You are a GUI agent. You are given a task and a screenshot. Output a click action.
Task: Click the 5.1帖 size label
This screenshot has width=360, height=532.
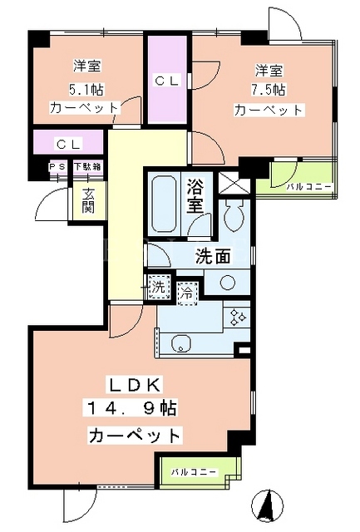[86, 90]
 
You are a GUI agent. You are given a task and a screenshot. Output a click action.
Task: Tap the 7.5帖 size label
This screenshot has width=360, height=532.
[269, 90]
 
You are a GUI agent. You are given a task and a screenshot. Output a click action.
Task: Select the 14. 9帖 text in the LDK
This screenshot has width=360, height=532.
[132, 409]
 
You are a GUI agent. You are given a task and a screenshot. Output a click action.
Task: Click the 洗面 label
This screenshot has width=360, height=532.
[213, 257]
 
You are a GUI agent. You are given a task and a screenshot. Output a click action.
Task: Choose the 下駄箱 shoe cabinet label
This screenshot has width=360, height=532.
[88, 167]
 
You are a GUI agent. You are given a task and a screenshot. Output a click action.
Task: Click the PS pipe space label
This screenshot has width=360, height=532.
[57, 167]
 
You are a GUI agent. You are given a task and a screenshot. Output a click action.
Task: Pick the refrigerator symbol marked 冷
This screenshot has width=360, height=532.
[186, 293]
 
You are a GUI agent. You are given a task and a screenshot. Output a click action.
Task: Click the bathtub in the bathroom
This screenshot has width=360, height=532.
[164, 204]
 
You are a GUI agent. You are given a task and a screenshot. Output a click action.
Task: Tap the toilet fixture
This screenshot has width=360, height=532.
[234, 215]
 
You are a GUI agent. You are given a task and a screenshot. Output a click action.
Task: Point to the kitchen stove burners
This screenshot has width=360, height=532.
[237, 318]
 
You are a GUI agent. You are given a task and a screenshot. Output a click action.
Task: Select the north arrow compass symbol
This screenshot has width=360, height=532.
[269, 505]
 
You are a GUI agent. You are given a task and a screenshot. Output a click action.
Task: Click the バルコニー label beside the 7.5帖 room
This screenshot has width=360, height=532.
[309, 186]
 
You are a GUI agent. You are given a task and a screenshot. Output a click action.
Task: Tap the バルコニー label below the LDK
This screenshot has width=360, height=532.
[194, 472]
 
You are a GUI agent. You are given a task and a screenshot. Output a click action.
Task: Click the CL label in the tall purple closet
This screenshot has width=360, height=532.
[167, 81]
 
